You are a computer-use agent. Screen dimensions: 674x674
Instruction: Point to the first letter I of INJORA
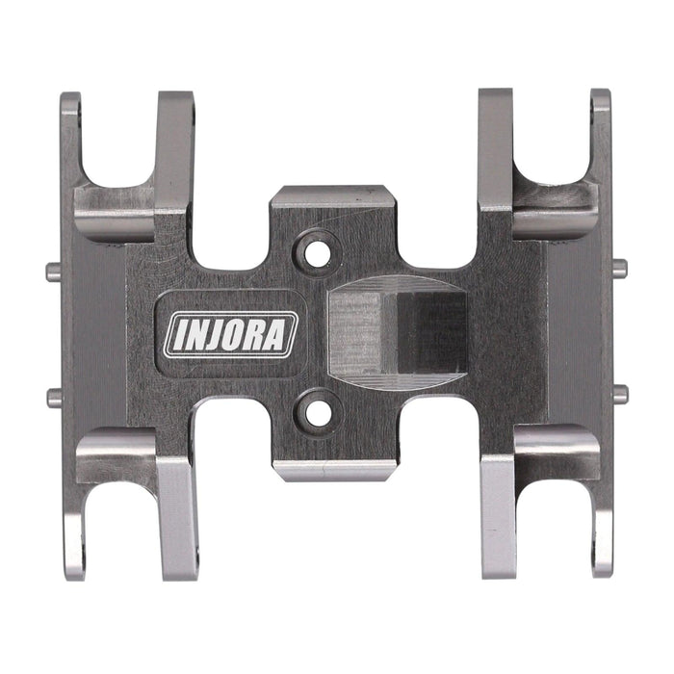[x=178, y=336]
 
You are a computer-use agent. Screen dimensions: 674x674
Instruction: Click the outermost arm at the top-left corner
[x=70, y=135]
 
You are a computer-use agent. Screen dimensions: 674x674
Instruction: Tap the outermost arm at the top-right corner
[x=601, y=135]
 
